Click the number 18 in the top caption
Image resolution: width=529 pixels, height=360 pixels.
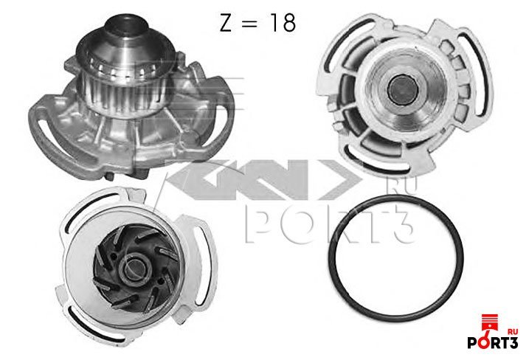tap(283, 24)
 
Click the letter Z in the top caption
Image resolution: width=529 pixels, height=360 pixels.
tap(226, 24)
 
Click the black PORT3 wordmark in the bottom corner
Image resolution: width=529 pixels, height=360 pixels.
tap(493, 343)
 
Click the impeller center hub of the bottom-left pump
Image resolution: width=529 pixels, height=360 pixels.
tap(136, 269)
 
